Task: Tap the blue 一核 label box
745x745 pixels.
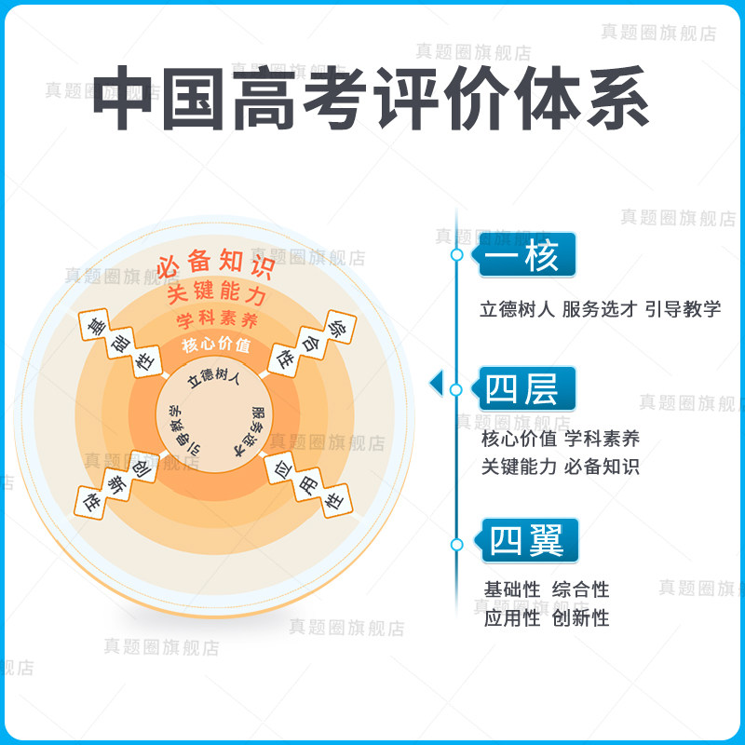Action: (527, 255)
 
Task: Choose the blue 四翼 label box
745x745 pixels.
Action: (527, 541)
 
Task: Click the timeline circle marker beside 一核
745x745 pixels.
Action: (456, 254)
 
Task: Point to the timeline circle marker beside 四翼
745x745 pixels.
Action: (456, 544)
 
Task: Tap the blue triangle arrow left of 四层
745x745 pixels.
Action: (435, 383)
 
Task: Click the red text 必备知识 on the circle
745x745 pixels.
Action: (214, 265)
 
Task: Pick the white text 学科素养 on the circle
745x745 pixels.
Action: (216, 321)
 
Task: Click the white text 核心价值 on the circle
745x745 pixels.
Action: (216, 346)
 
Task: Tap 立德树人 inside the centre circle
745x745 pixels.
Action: (214, 378)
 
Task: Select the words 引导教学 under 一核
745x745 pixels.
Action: (684, 309)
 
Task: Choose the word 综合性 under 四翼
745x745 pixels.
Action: (580, 589)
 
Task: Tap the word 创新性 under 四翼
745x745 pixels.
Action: (580, 617)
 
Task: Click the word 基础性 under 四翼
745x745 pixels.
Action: (512, 589)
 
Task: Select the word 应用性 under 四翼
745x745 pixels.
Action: (512, 617)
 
